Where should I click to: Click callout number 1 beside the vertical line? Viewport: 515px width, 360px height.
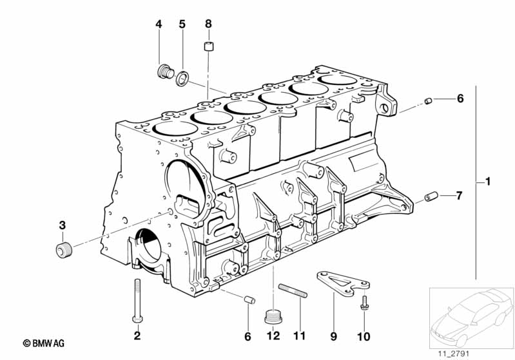click(x=488, y=183)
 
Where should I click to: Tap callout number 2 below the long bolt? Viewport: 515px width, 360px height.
click(x=137, y=335)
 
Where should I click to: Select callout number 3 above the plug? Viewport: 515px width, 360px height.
click(x=63, y=225)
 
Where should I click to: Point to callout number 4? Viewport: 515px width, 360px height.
click(x=159, y=24)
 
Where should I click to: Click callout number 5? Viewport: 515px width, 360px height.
click(x=182, y=24)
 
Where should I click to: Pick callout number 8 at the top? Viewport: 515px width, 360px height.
click(x=208, y=24)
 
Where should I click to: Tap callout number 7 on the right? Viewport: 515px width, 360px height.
click(x=460, y=195)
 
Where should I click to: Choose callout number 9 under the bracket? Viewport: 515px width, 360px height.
click(x=334, y=335)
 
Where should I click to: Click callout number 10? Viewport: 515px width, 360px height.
click(x=365, y=335)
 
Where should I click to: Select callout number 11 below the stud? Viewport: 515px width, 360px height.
click(x=297, y=335)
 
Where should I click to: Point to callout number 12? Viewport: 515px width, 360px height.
click(x=273, y=335)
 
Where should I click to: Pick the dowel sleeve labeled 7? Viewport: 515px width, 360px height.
click(x=431, y=196)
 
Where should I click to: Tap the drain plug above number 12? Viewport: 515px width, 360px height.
click(x=273, y=316)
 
